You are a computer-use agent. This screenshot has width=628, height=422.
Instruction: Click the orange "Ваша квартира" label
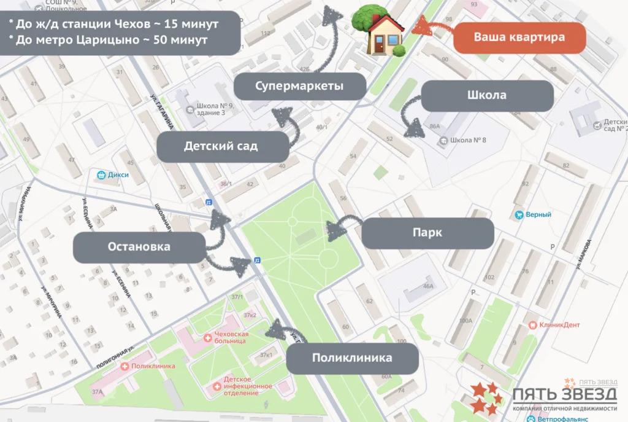(519, 37)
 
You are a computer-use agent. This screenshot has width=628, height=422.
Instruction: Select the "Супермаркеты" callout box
(299, 86)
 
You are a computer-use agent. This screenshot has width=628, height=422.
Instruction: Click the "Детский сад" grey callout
(221, 147)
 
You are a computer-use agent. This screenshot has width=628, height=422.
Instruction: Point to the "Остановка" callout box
(139, 247)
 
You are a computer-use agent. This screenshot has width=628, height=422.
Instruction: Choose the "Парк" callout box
(427, 233)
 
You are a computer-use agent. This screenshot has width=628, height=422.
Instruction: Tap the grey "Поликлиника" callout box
(352, 358)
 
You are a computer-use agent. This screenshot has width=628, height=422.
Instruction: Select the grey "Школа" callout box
(487, 96)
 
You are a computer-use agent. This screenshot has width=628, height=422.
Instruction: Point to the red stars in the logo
(484, 397)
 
